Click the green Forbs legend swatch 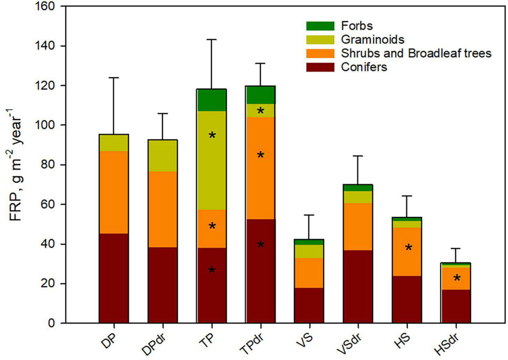(x=320, y=26)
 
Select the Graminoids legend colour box (x=320, y=39)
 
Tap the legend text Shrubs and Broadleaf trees (x=416, y=53)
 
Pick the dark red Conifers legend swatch (x=320, y=67)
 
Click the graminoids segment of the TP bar (x=212, y=160)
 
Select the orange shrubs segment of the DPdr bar (x=163, y=210)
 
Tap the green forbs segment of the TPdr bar (x=260, y=95)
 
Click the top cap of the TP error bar (x=212, y=39)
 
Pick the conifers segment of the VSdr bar (x=358, y=287)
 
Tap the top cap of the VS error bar (x=309, y=215)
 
